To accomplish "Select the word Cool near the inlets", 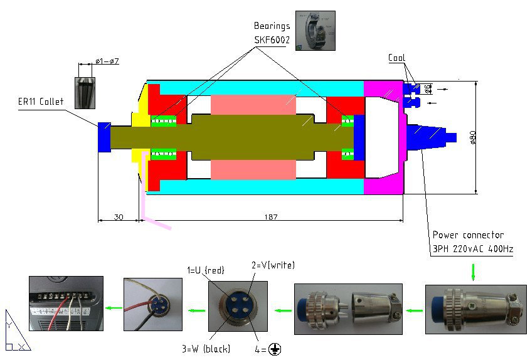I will pos(396,58).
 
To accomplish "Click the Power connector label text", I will pos(468,235).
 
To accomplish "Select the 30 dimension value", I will pos(117,216).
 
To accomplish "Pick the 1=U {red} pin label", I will pos(207,270).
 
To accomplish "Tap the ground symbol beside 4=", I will pos(274,349).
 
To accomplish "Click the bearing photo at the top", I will pos(315,31).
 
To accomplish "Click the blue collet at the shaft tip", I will pos(104,136).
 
